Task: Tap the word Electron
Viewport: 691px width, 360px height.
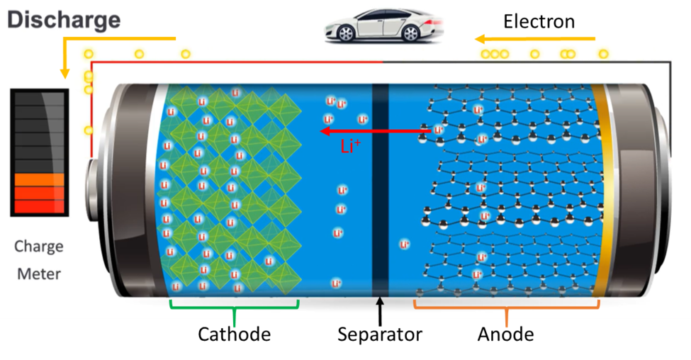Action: tap(539, 21)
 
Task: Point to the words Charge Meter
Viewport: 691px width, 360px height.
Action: tap(39, 259)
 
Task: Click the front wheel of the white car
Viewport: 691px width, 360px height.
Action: tap(347, 33)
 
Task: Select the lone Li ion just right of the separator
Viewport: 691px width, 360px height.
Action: tap(405, 245)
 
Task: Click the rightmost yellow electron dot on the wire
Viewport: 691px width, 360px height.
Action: tap(603, 54)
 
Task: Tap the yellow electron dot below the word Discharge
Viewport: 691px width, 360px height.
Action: tap(89, 54)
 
